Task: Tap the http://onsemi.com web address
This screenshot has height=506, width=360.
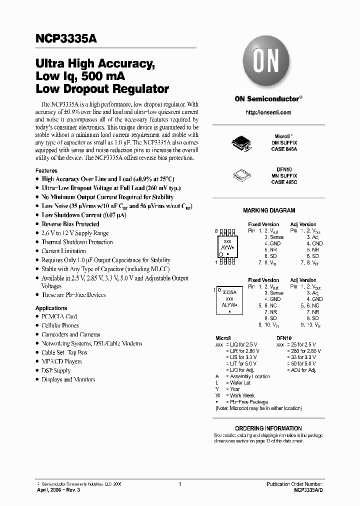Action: click(269, 112)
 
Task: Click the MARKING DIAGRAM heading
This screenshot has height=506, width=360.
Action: click(269, 210)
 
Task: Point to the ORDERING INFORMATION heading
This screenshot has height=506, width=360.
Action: click(268, 428)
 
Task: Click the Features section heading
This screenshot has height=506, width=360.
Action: click(46, 170)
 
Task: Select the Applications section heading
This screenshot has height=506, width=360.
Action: click(51, 308)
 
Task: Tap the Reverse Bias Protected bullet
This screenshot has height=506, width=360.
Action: click(70, 224)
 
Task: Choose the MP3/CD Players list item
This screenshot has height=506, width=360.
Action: click(61, 361)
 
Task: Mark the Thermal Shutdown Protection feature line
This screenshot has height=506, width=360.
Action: click(77, 242)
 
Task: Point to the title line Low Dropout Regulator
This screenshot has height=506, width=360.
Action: click(102, 89)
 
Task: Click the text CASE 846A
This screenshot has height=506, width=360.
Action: click(285, 149)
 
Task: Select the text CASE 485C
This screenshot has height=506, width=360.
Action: click(285, 182)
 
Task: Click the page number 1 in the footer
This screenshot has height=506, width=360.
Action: click(179, 484)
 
